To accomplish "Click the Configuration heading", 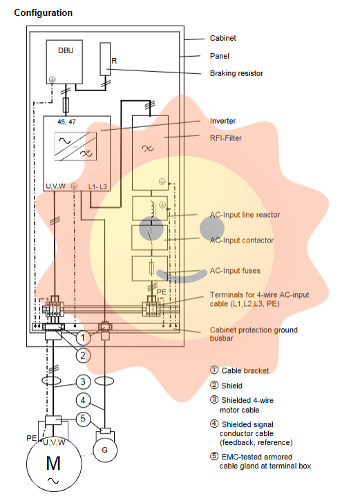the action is click(x=44, y=13).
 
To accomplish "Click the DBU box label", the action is click(x=66, y=50).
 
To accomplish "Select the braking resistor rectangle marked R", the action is click(x=105, y=59).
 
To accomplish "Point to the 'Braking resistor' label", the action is click(x=236, y=73).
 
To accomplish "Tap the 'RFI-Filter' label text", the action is click(x=225, y=138).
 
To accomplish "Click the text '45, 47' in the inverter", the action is click(x=67, y=122).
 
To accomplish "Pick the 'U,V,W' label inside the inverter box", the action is click(x=55, y=187).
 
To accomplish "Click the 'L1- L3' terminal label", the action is click(x=97, y=187).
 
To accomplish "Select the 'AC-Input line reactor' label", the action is click(x=245, y=215).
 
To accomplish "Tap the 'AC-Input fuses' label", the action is click(x=235, y=271).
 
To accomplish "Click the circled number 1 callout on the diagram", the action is click(x=83, y=337).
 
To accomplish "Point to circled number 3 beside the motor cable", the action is click(x=83, y=381).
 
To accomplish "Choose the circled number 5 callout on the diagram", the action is click(x=83, y=419).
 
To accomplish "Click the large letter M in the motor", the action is click(x=53, y=463).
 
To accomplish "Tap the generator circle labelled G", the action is click(x=104, y=450).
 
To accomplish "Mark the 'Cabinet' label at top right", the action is click(x=222, y=38).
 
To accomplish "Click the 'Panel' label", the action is click(x=220, y=56).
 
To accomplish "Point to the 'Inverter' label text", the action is click(x=222, y=121).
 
